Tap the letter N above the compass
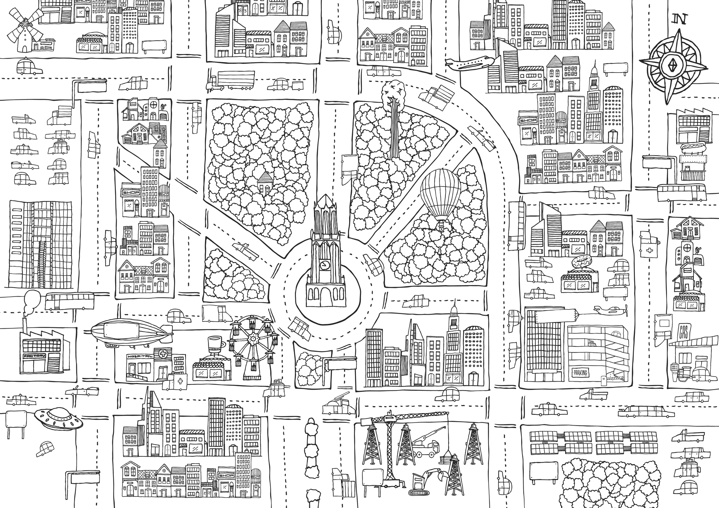click(x=681, y=19)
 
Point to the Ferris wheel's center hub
click(x=253, y=339)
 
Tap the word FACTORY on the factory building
click(x=34, y=356)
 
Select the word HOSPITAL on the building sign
click(x=140, y=357)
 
